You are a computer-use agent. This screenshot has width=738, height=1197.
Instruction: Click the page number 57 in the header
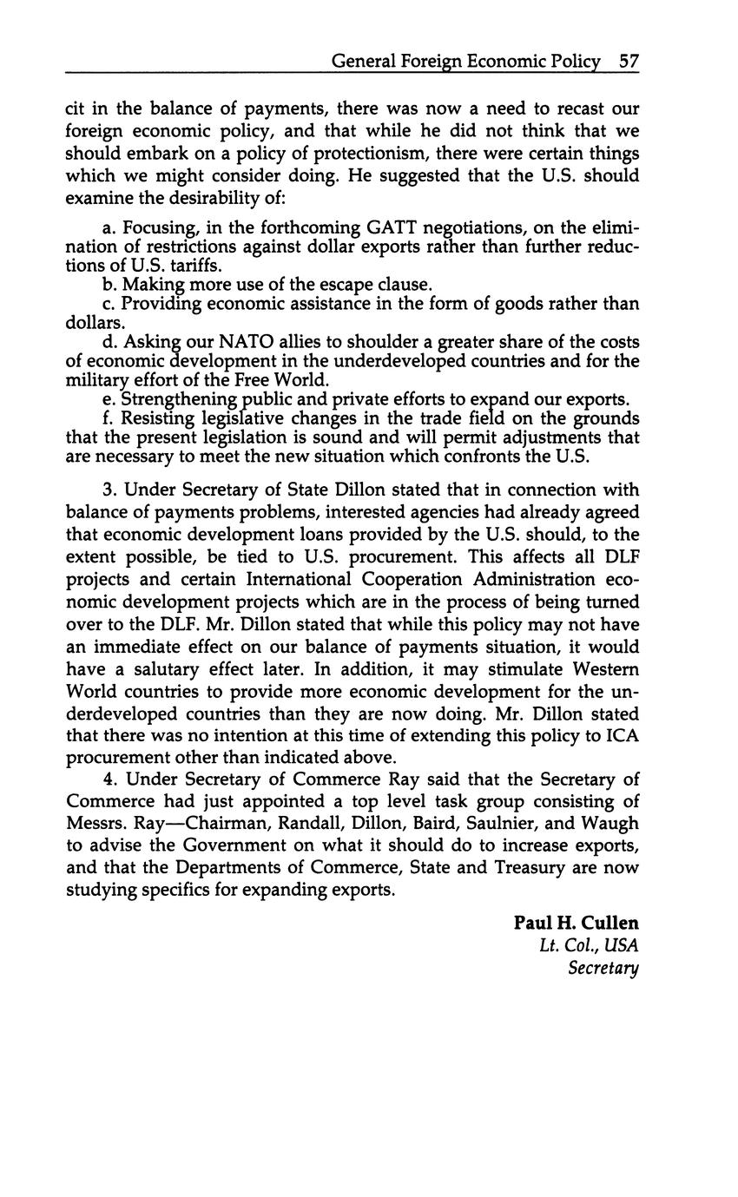pyautogui.click(x=629, y=61)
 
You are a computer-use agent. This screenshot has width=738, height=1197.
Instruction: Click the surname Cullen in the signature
pyautogui.click(x=606, y=922)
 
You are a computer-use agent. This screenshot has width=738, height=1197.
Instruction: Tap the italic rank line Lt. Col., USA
pyautogui.click(x=589, y=944)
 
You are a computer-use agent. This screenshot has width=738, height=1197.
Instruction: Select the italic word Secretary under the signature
pyautogui.click(x=603, y=968)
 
